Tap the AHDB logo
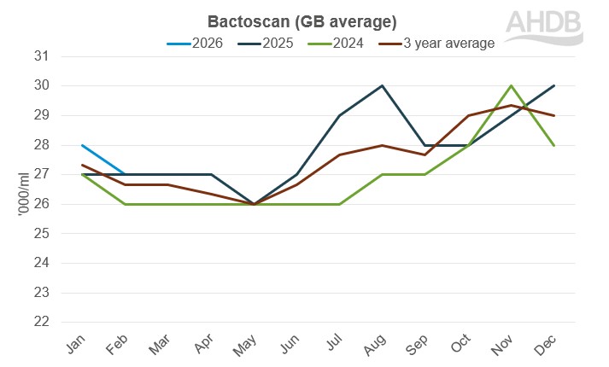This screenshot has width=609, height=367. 543,28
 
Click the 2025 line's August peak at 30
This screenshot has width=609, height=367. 382,85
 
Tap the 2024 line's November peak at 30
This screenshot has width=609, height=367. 511,85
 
